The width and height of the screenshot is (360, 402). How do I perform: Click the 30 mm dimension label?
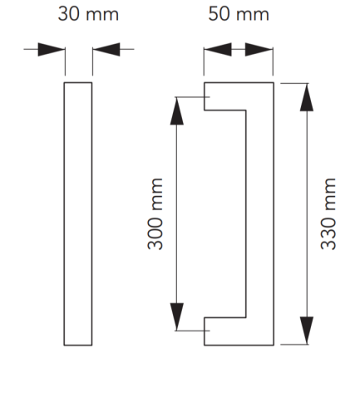coord(88,14)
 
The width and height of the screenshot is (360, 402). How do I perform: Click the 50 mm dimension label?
coord(239,14)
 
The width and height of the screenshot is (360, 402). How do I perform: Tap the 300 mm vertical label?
coord(155,213)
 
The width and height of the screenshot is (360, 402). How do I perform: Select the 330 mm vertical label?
coord(328,213)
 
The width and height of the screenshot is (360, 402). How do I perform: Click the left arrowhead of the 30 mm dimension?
coord(52,50)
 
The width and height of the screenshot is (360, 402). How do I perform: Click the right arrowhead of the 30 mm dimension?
coord(106,50)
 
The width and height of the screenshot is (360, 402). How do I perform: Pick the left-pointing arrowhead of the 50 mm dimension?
coord(218,50)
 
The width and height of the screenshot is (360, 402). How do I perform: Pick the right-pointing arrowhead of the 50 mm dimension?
coord(259,50)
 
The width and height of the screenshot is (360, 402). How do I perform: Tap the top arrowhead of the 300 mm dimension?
coord(177,111)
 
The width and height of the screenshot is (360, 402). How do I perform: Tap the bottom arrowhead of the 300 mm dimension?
coord(177,316)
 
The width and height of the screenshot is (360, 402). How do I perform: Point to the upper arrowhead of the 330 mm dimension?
coord(307,97)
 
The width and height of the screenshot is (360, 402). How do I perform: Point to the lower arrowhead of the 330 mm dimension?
coord(307,331)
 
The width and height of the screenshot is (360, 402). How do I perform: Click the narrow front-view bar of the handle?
coord(78,213)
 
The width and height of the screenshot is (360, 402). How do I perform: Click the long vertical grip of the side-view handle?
coord(260,213)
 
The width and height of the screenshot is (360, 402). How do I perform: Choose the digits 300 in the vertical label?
coord(155,233)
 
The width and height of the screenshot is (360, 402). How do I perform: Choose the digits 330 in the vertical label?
coord(328,233)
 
